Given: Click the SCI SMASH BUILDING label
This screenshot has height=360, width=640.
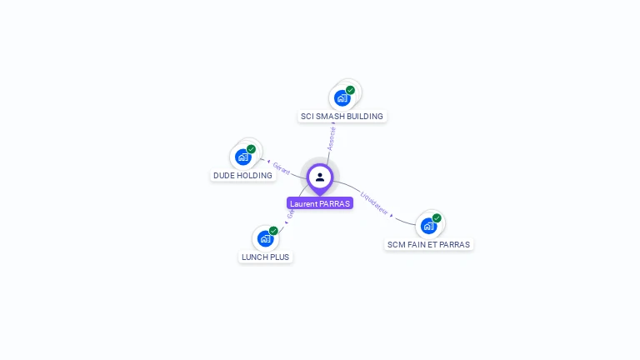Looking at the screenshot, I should (x=342, y=117).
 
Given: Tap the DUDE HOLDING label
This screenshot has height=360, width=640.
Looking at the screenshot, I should (x=242, y=176).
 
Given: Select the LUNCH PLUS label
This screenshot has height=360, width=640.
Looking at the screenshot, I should (x=265, y=257).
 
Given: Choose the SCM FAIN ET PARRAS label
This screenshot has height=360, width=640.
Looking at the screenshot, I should (x=428, y=245).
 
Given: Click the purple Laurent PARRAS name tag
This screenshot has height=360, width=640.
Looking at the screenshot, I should (x=320, y=203).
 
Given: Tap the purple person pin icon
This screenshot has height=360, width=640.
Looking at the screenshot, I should (x=320, y=177).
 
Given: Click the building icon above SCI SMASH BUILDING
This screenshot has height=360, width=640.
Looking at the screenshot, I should (x=342, y=98).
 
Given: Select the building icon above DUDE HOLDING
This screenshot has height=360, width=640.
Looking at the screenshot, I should (x=242, y=157).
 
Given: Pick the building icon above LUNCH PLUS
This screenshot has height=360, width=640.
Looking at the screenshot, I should (x=265, y=238).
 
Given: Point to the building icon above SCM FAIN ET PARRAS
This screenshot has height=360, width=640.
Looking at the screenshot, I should (x=428, y=226).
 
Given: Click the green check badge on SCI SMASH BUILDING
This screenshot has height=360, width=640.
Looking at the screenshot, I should (x=350, y=90).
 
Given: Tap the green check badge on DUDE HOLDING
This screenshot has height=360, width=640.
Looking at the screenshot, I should (x=251, y=149).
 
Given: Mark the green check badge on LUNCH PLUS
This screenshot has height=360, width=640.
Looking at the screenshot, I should (x=273, y=231).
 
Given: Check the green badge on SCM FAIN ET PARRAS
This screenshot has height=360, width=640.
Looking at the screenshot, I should (x=437, y=218).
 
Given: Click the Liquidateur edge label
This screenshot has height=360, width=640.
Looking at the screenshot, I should (x=374, y=203).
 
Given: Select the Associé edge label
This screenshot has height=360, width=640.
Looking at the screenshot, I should (x=332, y=138).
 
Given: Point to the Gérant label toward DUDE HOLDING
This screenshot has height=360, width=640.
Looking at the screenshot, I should (x=282, y=167).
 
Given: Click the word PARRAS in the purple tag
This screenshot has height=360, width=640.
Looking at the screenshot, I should (x=335, y=203).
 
